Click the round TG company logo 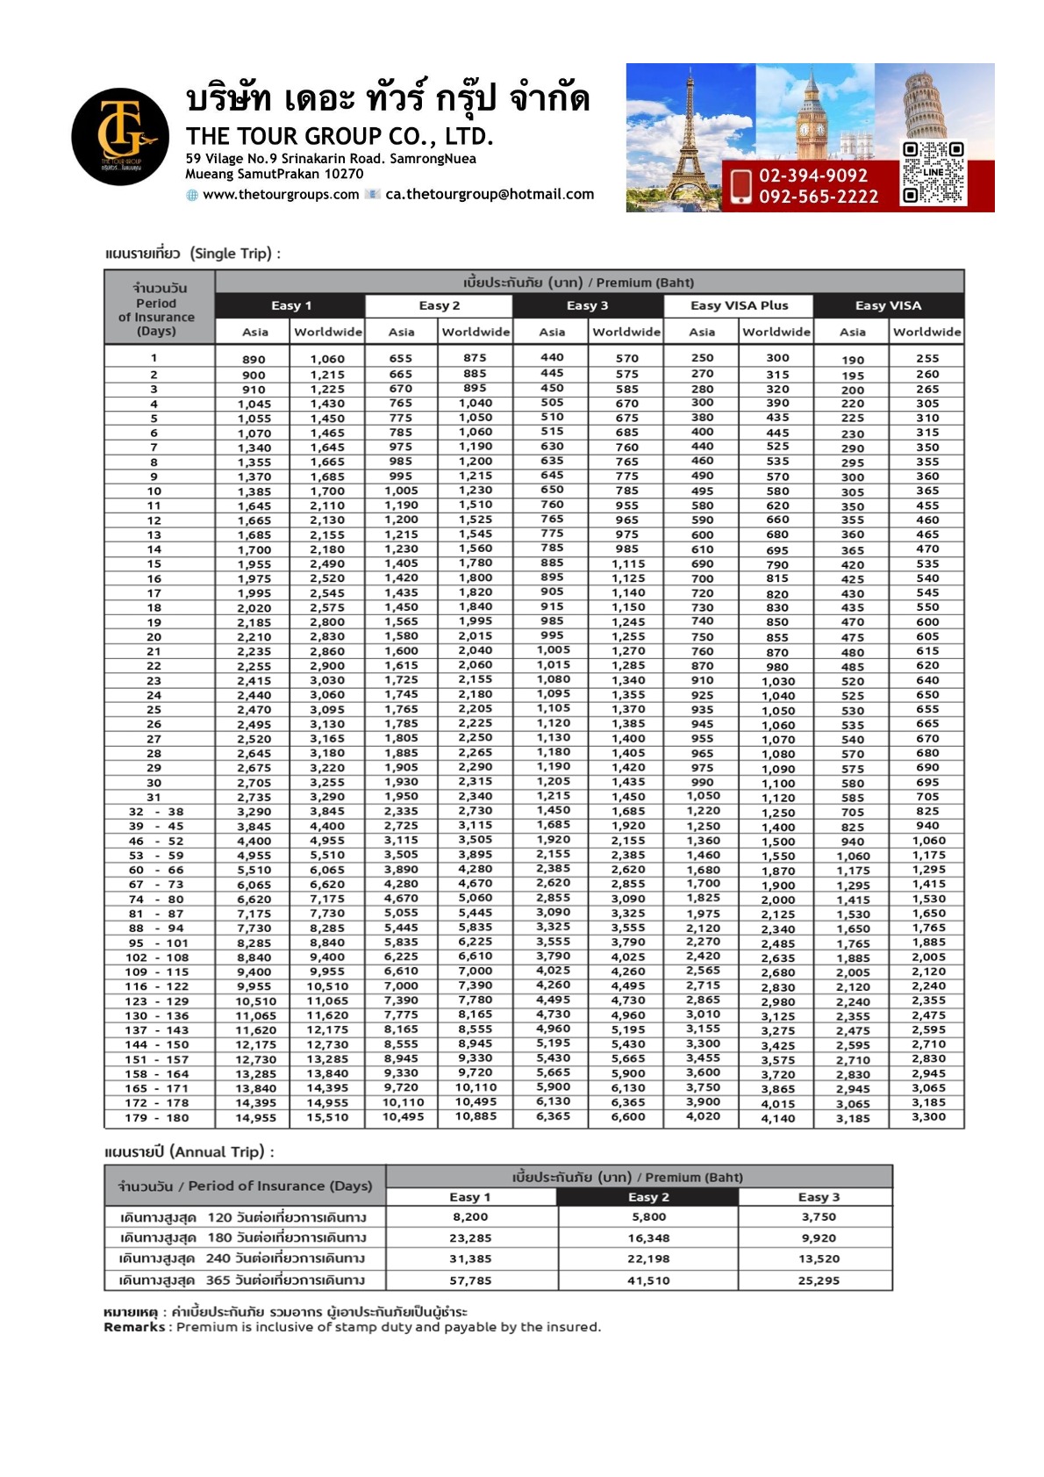pos(120,137)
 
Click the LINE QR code pos(933,173)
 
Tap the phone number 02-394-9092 pos(812,176)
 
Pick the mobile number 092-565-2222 pos(818,197)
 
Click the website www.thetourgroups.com pos(281,195)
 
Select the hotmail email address pos(490,195)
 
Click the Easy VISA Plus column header pos(739,305)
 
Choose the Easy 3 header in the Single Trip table pos(587,305)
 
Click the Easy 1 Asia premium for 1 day pos(254,360)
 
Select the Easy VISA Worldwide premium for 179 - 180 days pos(928,1117)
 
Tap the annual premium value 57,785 pos(470,1280)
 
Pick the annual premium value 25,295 pos(818,1280)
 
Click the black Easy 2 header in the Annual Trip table pos(647,1197)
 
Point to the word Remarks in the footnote pos(133,1327)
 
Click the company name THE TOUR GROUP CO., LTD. pos(340,137)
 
